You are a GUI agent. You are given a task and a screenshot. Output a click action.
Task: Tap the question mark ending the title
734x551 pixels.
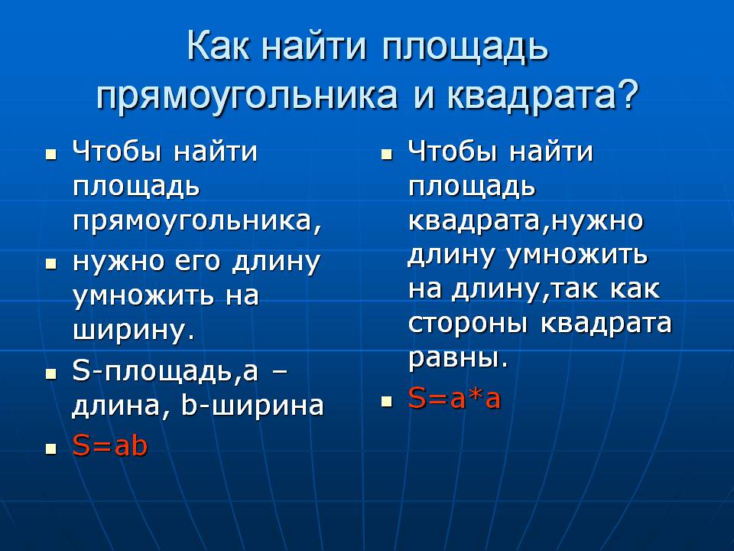point(626,93)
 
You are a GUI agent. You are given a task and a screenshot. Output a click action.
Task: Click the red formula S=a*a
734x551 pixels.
point(454,398)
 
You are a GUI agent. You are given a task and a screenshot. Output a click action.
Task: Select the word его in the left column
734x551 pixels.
point(197,262)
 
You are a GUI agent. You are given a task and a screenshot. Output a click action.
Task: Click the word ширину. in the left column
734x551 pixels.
point(134,331)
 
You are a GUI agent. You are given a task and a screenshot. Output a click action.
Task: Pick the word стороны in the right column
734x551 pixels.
point(468,323)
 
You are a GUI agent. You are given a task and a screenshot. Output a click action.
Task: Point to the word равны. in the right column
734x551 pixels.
point(458,358)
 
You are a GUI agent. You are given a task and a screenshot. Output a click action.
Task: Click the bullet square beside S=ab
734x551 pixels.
point(51,448)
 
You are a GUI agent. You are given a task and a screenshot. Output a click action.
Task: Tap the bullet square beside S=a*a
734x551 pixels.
point(386,402)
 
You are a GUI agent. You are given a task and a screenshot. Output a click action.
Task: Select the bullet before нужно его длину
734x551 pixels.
point(51,264)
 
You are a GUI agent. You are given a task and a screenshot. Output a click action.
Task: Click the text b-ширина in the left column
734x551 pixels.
point(252,406)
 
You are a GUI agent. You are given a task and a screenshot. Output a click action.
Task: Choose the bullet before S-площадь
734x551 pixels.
point(51,374)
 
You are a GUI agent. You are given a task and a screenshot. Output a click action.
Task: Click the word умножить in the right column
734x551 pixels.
point(578,256)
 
